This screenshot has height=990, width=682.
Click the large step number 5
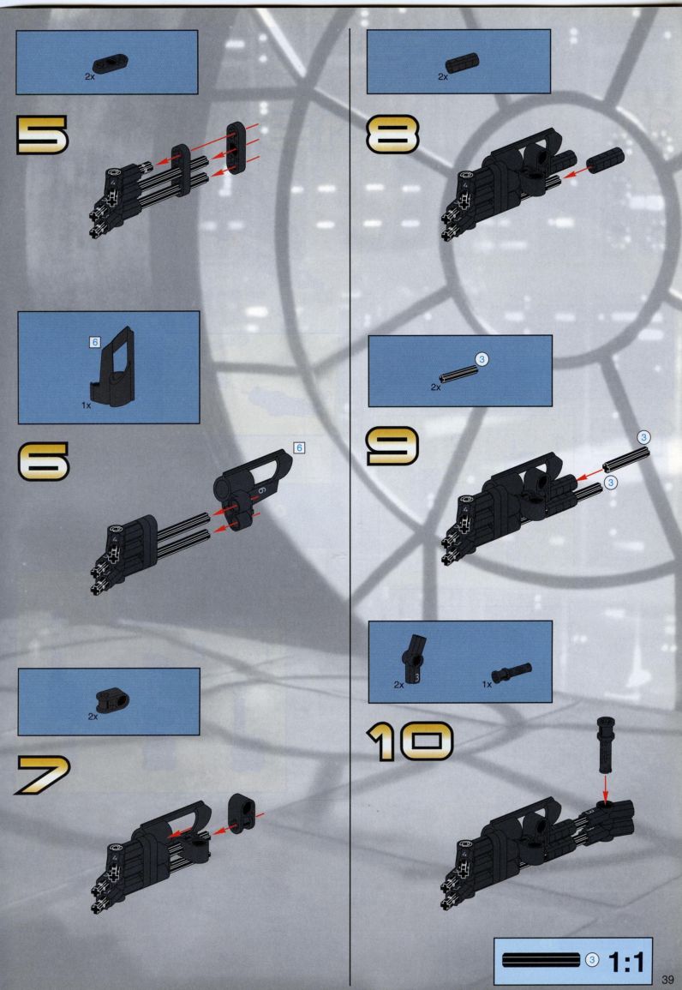(42, 135)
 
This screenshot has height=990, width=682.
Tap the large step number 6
(43, 461)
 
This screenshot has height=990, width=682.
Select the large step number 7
(43, 775)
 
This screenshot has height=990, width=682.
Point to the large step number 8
(392, 135)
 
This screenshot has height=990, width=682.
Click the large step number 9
(392, 446)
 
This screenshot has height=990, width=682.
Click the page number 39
(667, 979)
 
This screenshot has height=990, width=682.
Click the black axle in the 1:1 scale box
(541, 960)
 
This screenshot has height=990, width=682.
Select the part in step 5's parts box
(111, 63)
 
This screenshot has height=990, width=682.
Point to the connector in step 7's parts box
(112, 699)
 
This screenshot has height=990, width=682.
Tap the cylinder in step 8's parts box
(462, 63)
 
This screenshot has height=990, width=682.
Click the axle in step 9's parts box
(458, 374)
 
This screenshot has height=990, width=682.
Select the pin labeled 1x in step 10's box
(511, 672)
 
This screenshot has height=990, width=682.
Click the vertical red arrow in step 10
(605, 787)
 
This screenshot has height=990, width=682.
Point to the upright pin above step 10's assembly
(605, 745)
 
